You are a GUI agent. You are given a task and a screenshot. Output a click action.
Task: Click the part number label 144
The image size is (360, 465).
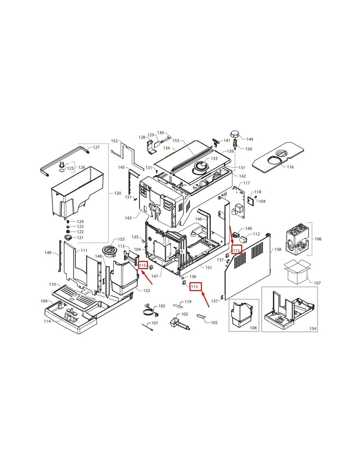[x=250, y=139]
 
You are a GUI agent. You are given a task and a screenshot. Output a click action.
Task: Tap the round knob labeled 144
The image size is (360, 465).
[x=235, y=135]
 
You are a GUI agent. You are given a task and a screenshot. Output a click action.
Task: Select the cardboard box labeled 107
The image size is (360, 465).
[x=297, y=272]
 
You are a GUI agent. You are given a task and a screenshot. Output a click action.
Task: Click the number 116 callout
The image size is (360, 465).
[x=290, y=167]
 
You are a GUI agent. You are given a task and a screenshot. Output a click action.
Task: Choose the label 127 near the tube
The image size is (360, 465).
[x=96, y=147]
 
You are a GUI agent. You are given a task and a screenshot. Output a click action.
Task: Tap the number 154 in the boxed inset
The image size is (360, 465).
[x=313, y=328]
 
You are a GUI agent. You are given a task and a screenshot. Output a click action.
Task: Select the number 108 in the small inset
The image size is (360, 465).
[x=253, y=328]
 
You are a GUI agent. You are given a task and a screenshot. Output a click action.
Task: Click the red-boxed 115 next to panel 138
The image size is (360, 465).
[x=236, y=250]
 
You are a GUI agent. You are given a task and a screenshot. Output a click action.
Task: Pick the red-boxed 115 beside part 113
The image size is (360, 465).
[x=142, y=266]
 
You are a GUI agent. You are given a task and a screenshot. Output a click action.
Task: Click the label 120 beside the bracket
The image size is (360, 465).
[x=117, y=193]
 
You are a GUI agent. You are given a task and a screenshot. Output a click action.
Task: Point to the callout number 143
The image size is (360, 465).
[x=128, y=218]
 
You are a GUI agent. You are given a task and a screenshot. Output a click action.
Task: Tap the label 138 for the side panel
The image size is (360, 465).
[x=278, y=249]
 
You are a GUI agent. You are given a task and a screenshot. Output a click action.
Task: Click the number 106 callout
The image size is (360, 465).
[x=318, y=239]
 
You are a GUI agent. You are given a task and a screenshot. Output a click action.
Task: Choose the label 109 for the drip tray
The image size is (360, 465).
[x=44, y=301]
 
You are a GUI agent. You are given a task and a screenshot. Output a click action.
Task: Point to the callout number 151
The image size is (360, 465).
[x=208, y=267]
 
